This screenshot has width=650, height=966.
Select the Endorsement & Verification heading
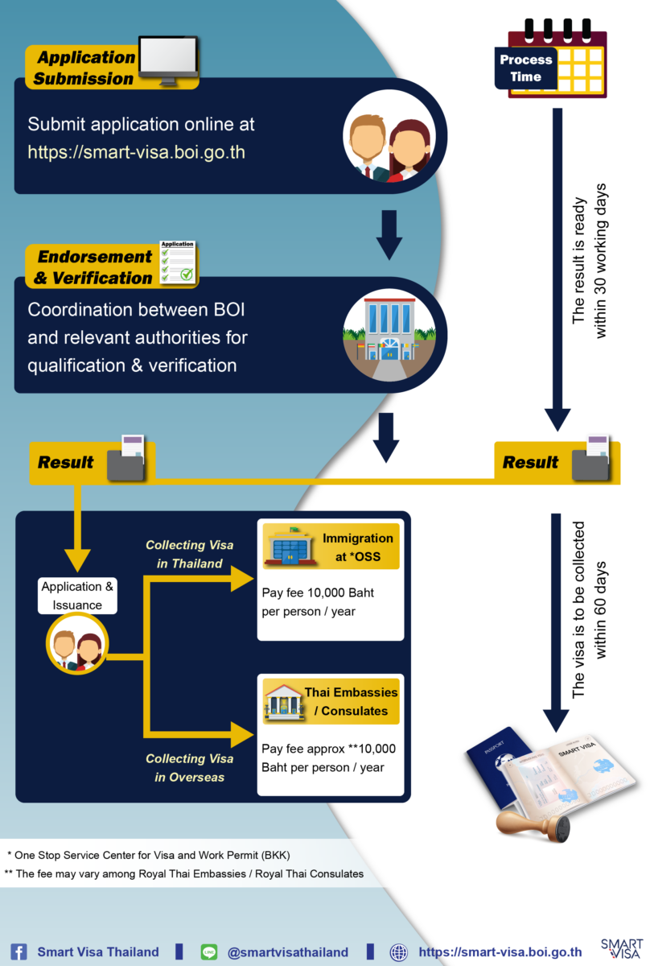(95, 267)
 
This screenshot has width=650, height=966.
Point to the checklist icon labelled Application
(178, 262)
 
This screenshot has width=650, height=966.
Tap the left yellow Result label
(66, 463)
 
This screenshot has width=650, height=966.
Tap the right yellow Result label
(530, 463)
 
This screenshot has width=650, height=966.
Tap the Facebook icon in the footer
(18, 952)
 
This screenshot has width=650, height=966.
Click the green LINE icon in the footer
(209, 952)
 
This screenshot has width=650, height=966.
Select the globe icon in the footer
(398, 952)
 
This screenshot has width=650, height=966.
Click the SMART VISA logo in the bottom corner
(620, 947)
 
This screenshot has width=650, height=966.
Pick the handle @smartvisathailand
(288, 952)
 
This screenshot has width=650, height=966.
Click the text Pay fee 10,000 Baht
(318, 593)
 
